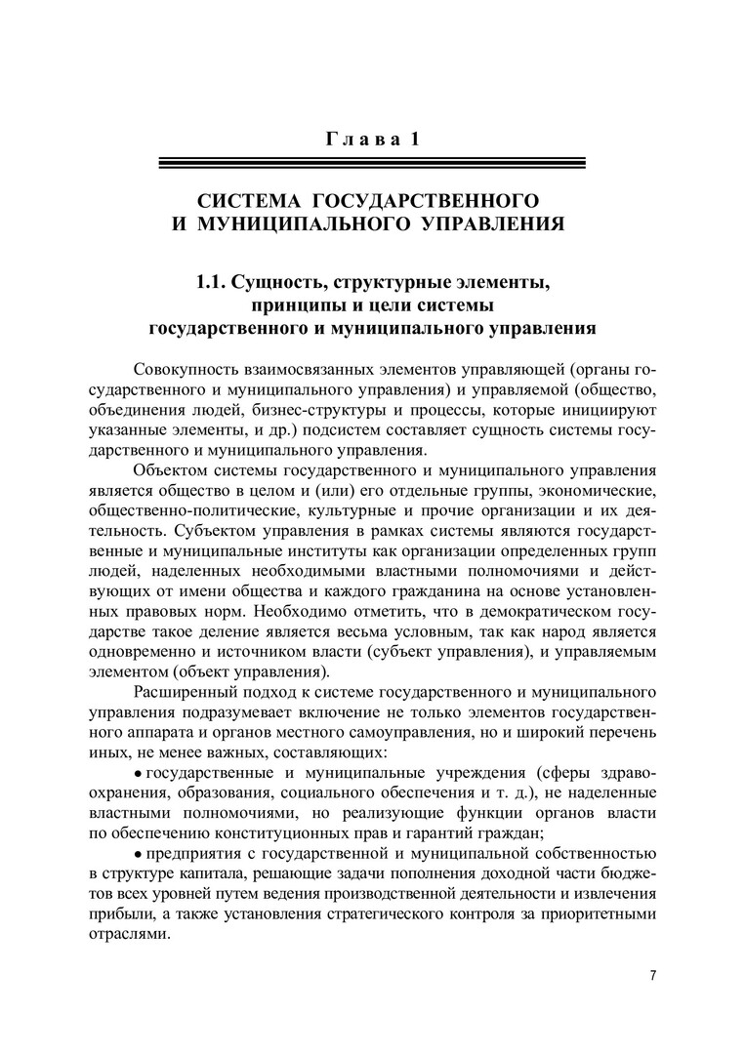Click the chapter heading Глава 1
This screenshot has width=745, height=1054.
pos(371,139)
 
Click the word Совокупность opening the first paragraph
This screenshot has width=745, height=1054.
pos(191,372)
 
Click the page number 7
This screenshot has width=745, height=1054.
pos(653,976)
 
